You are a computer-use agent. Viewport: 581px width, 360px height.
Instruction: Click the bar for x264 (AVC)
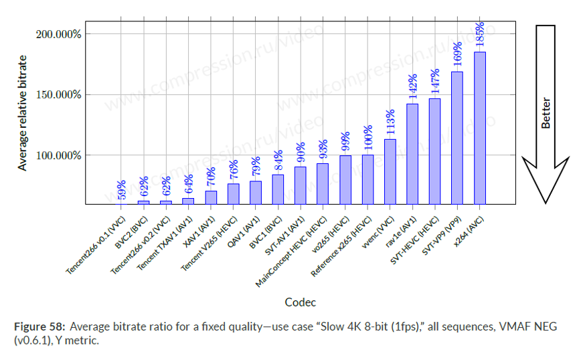479,127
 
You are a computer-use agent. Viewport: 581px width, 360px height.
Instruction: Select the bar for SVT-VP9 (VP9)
457,137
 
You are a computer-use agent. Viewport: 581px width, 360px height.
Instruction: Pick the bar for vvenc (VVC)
390,171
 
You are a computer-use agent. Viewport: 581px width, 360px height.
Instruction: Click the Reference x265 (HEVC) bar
367,179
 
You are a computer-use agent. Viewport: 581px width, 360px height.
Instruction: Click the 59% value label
121,189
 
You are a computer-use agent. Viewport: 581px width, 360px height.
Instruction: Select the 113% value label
390,122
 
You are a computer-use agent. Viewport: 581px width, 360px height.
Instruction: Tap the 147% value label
434,82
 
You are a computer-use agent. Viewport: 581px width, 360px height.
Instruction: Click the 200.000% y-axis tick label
59,33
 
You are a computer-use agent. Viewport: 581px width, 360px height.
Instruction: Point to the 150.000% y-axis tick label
59,94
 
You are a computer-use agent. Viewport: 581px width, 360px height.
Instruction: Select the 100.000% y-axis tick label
59,155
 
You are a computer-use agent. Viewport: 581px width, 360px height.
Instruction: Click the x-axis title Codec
300,302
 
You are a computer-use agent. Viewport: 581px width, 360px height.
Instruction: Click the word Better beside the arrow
546,114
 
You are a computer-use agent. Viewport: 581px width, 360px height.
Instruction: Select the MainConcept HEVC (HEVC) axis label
293,251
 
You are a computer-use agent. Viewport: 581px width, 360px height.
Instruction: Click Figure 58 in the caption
39,327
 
